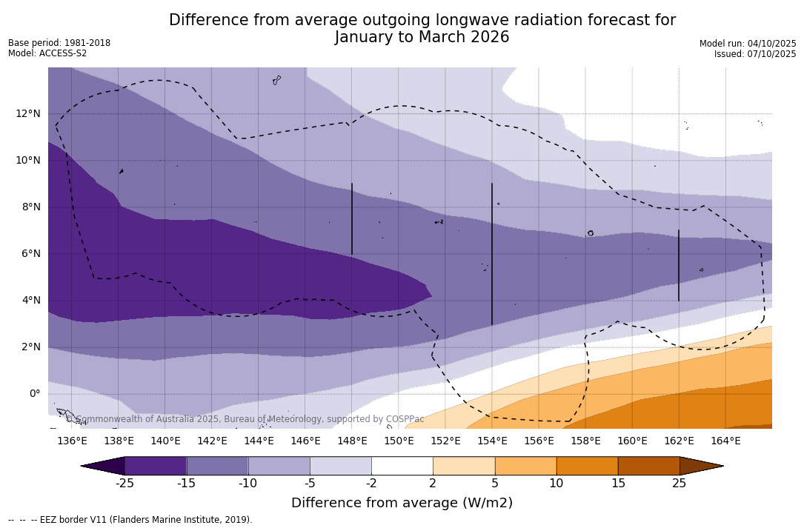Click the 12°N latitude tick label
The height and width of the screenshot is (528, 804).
click(27, 113)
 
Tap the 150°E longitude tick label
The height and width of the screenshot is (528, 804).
click(399, 441)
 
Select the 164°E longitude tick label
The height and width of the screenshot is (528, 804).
click(725, 441)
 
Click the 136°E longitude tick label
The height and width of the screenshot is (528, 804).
click(72, 441)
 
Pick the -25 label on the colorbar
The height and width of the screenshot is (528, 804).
click(124, 484)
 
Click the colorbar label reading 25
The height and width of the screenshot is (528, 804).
click(680, 484)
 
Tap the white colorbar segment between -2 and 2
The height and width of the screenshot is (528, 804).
click(402, 466)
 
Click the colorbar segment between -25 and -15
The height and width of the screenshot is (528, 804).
click(156, 466)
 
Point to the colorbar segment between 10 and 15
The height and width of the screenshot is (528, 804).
click(587, 466)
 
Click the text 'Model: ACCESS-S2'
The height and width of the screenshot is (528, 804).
click(47, 53)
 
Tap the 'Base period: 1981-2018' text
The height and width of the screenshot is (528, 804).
click(59, 43)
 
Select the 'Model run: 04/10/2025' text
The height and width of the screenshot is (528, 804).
click(748, 44)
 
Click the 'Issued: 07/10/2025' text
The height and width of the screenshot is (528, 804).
click(755, 54)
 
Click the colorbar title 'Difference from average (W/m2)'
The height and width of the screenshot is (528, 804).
click(402, 503)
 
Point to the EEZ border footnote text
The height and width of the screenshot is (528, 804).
click(130, 520)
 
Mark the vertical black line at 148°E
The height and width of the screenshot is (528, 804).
click(352, 219)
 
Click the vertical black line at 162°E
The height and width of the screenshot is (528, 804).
click(679, 265)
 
